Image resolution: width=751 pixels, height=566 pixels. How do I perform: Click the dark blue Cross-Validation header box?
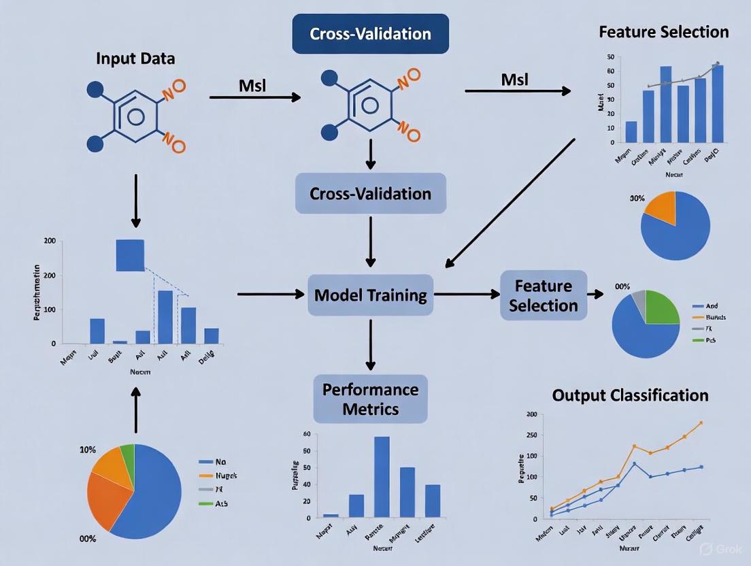click(370, 33)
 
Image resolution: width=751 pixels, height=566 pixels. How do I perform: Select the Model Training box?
click(370, 295)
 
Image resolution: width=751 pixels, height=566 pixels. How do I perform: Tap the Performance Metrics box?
click(370, 399)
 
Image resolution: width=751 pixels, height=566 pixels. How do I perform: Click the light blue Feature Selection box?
click(543, 295)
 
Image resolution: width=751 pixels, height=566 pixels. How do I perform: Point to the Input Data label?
click(135, 59)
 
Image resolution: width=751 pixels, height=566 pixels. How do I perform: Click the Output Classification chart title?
click(630, 395)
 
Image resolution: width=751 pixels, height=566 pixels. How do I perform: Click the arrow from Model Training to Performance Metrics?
click(370, 344)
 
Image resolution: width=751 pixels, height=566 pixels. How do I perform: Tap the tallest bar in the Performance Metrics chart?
click(382, 476)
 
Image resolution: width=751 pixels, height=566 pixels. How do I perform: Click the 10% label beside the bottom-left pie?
click(88, 450)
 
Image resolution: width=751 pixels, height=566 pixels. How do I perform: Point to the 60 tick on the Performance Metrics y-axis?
click(306, 434)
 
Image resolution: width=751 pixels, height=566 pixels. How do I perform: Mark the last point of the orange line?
click(701, 422)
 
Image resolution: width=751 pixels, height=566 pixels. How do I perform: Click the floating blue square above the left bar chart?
click(130, 255)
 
